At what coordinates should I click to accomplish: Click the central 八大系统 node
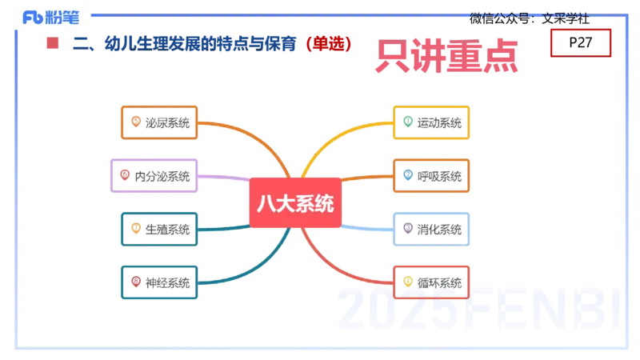[294, 203]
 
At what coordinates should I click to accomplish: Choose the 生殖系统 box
[158, 230]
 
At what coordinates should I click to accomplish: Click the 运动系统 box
[431, 122]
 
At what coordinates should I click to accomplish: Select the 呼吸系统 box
[431, 176]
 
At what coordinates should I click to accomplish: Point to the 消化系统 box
[431, 230]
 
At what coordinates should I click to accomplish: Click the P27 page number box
[581, 43]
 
